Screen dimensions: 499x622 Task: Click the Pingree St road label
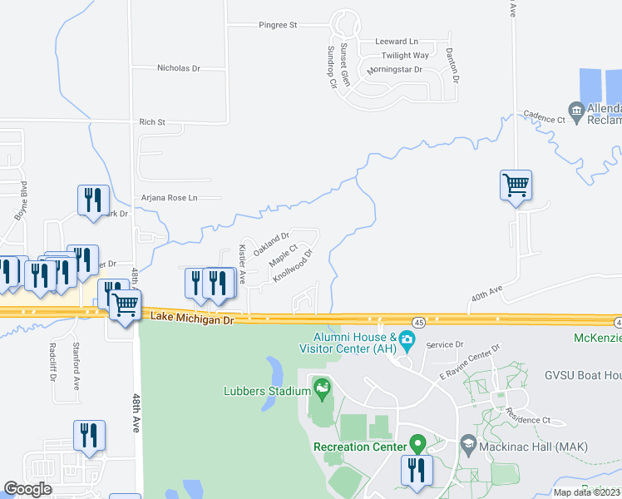pyautogui.click(x=277, y=26)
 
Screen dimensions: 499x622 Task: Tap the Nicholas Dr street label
pyautogui.click(x=179, y=68)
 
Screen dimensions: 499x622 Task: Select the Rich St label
pyautogui.click(x=152, y=122)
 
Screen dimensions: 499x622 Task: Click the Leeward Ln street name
pyautogui.click(x=397, y=42)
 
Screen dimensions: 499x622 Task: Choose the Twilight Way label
pyautogui.click(x=405, y=56)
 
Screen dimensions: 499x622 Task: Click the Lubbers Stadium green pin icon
pyautogui.click(x=321, y=387)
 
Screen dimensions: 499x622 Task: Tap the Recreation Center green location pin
pyautogui.click(x=417, y=445)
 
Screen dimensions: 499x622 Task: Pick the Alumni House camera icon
pyautogui.click(x=406, y=339)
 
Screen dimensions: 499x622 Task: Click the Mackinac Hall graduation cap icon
pyautogui.click(x=467, y=445)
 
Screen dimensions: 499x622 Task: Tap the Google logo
pyautogui.click(x=27, y=489)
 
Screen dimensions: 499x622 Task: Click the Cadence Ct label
pyautogui.click(x=544, y=119)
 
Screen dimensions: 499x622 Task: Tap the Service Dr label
pyautogui.click(x=444, y=344)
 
